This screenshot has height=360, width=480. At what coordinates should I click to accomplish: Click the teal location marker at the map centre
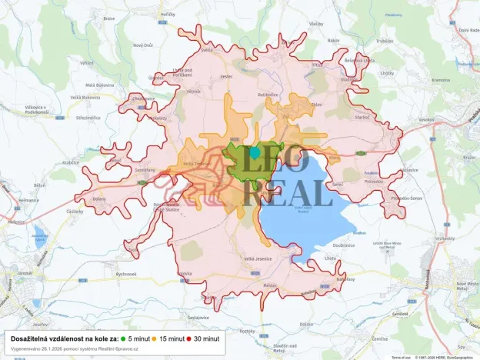[255, 153]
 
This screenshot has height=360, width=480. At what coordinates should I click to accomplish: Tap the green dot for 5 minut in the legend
[123, 338]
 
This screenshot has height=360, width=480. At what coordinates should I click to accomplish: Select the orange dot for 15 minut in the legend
[154, 338]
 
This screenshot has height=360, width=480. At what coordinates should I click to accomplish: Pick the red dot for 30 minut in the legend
[188, 338]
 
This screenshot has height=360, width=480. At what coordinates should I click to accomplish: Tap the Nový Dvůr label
[144, 45]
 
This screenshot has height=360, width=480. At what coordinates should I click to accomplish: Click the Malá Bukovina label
[100, 85]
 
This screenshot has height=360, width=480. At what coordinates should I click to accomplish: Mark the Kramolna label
[441, 80]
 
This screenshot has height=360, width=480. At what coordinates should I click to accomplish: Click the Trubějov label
[385, 42]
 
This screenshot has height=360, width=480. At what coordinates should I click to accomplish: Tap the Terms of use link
[401, 357]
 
